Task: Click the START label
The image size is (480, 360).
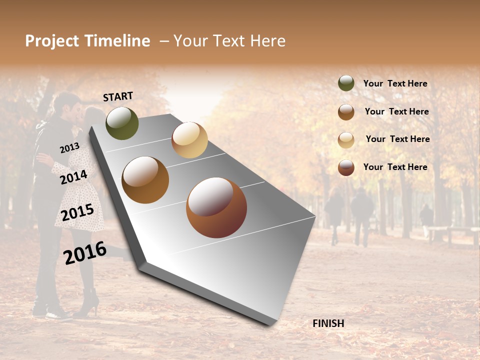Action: tap(118, 96)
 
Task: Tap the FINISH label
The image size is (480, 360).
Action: tap(328, 323)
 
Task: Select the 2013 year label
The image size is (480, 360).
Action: tap(69, 148)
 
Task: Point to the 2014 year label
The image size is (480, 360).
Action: tap(73, 177)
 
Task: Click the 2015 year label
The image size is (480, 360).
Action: tap(77, 212)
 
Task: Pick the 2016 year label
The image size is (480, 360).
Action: tap(85, 252)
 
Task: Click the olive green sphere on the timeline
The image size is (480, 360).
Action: tap(122, 123)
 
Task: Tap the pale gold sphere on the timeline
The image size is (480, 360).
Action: tap(189, 140)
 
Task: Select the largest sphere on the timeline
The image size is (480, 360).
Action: tap(216, 207)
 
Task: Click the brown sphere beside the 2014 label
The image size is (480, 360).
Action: tap(145, 180)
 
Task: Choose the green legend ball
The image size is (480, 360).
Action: tap(346, 83)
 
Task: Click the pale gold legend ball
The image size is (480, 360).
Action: tap(346, 140)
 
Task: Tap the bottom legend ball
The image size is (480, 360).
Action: tap(346, 167)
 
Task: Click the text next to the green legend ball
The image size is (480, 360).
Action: tap(395, 84)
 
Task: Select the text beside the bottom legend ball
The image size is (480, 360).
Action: tap(395, 167)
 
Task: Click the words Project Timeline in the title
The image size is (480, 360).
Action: tap(87, 41)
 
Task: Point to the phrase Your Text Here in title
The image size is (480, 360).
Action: tap(229, 41)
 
